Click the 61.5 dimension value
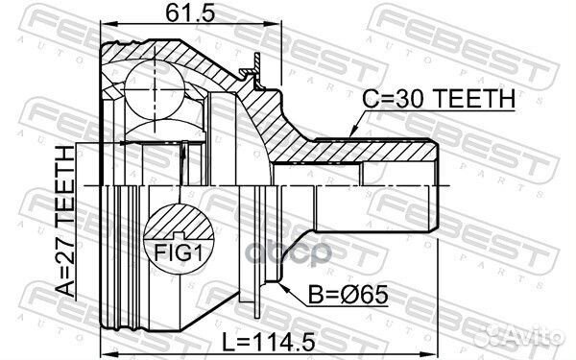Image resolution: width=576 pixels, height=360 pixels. pyautogui.click(x=189, y=13)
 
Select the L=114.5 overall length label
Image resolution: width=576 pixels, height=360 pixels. pyautogui.click(x=269, y=342)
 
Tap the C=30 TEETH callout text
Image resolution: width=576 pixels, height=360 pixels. pyautogui.click(x=439, y=99)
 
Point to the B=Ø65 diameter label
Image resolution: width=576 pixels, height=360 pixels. pyautogui.click(x=348, y=295)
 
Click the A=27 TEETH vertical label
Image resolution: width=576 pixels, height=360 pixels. pyautogui.click(x=65, y=221)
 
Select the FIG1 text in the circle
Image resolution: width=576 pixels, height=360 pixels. pyautogui.click(x=179, y=252)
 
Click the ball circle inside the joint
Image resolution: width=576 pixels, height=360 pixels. pyautogui.click(x=155, y=89)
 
